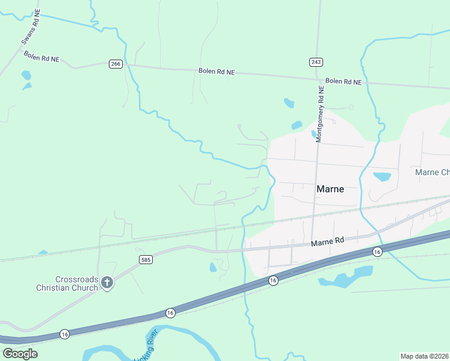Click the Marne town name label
click(330, 189)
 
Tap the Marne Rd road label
click(327, 241)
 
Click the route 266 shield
click(116, 64)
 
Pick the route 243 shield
click(316, 62)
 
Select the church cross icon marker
click(107, 283)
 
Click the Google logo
click(20, 353)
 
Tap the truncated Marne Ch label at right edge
click(432, 173)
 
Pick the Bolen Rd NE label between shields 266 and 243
click(217, 72)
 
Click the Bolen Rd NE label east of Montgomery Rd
click(344, 81)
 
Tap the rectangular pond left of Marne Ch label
click(381, 177)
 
